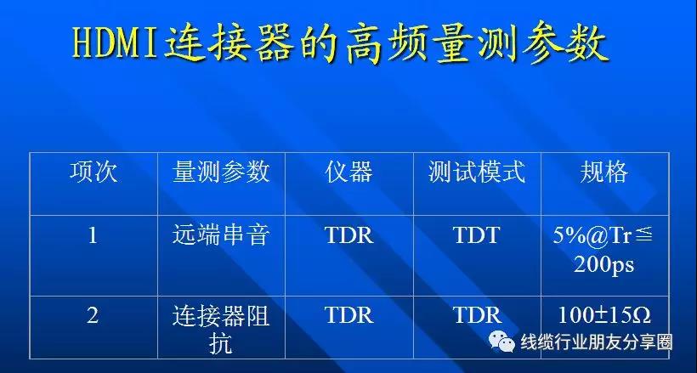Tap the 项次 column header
point(93,172)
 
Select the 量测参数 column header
point(221,172)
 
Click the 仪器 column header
point(348,172)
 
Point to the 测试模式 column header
point(477,172)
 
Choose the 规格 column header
point(604,172)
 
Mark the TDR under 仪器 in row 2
point(349,315)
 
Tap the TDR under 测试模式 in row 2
point(477,315)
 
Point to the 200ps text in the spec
point(603,265)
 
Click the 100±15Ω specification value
point(604,315)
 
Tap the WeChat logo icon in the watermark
point(501,342)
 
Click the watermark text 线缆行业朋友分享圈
point(597,342)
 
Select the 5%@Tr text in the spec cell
point(592,236)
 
